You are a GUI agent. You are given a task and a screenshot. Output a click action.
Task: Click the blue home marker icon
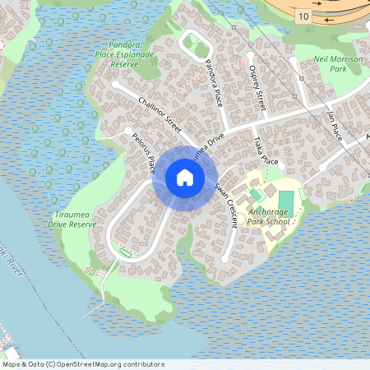185,178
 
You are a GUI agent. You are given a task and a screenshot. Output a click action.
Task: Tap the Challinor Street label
160,113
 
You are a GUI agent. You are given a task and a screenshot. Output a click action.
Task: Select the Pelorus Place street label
143,152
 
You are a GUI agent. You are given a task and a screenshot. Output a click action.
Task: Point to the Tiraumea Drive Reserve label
72,218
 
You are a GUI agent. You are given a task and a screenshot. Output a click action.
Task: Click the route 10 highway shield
304,16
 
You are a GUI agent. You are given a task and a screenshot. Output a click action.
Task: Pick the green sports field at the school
285,204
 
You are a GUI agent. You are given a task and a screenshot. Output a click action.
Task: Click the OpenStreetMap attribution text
83,363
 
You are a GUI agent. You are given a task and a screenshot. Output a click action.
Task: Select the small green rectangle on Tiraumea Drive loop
125,250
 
